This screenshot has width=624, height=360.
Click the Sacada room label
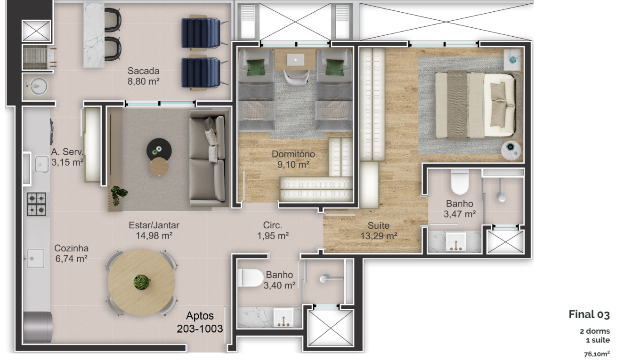pyautogui.click(x=144, y=71)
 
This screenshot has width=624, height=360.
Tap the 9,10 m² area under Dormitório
pyautogui.click(x=293, y=165)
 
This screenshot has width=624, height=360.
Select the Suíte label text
pyautogui.click(x=378, y=225)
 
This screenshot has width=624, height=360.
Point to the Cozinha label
pyautogui.click(x=71, y=248)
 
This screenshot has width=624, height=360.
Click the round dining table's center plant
pyautogui.click(x=142, y=282)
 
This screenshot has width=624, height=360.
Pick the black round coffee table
pyautogui.click(x=159, y=150)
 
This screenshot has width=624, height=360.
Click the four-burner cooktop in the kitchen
pyautogui.click(x=36, y=204)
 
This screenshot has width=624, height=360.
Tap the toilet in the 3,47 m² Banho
pyautogui.click(x=460, y=182)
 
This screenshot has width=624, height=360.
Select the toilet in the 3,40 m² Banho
pyautogui.click(x=251, y=278)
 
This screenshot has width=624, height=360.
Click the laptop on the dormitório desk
pyautogui.click(x=296, y=60)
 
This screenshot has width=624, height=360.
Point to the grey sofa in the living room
pyautogui.click(x=208, y=159)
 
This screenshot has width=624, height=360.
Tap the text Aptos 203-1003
pyautogui.click(x=200, y=322)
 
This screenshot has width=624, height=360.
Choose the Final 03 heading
pyautogui.click(x=589, y=314)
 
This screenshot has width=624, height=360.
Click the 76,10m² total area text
pyautogui.click(x=597, y=354)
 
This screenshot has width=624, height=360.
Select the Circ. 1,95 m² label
pyautogui.click(x=273, y=231)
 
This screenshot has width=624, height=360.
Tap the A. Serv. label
pyautogui.click(x=67, y=152)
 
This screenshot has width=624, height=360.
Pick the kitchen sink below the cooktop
pyautogui.click(x=35, y=258)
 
